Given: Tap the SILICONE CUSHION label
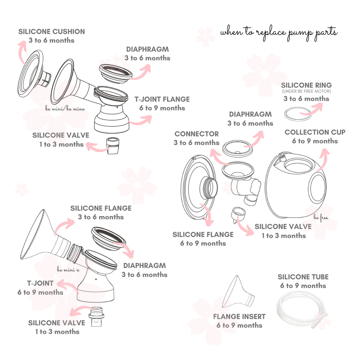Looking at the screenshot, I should point(52,32).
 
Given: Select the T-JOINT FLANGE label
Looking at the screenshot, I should point(162,99).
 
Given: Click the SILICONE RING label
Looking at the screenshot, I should point(306,85).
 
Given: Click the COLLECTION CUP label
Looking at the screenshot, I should point(315,132).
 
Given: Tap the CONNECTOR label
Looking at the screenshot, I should point(197,134).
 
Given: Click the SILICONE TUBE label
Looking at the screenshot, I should point(303,277).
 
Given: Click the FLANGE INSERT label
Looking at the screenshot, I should point(239,317).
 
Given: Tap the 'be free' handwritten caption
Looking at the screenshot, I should point(321,218).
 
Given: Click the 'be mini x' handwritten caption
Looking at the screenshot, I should point(68,269).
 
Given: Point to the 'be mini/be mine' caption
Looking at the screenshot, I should point(65,109).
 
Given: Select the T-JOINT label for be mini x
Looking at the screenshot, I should point(40,283).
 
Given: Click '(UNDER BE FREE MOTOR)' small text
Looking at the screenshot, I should point(306,91).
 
